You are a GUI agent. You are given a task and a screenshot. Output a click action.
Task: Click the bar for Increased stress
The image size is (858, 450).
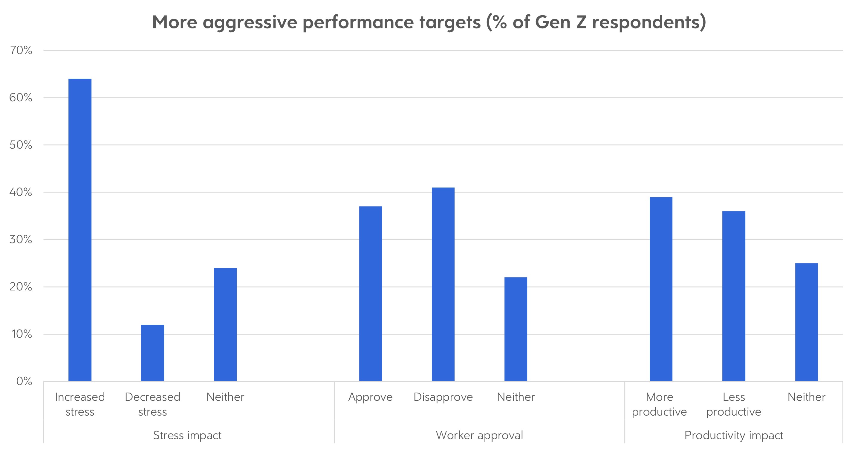coord(80,230)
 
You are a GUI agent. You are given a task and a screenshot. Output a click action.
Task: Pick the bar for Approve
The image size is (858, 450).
coord(370,293)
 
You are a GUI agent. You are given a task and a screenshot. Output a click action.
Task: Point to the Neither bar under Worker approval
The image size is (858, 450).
coord(516,329)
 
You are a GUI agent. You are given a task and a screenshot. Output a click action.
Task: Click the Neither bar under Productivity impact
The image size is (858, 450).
coord(806,322)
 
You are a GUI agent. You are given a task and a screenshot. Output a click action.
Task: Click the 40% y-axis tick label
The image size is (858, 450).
coord(21,192)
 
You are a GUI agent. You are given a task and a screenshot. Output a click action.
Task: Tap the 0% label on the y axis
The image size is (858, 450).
coord(24,381)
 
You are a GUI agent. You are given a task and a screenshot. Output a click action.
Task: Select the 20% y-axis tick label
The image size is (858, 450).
coord(21,287)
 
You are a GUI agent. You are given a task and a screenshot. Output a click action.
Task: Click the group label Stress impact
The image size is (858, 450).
coord(187,435)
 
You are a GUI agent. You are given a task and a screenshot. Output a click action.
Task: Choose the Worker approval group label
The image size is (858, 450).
coord(479,435)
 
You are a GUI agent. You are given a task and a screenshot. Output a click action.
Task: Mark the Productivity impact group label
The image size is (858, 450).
coord(733,435)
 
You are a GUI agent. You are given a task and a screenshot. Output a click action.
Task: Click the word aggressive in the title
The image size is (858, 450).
coord(250,23)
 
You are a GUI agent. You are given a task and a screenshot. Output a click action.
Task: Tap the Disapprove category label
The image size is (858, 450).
coord(443,397)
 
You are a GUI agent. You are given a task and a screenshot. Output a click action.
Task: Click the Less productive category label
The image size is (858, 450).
coord(733,404)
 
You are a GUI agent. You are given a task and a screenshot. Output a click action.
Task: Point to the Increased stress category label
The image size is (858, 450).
coord(80,404)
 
